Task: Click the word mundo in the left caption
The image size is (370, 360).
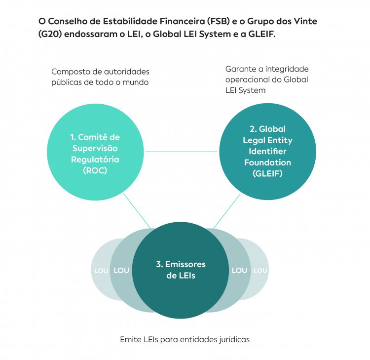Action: click(137, 82)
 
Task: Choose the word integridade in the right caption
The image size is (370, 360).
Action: click(288, 69)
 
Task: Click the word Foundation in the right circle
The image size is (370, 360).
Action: click(267, 162)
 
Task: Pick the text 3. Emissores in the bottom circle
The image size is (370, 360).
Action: click(181, 264)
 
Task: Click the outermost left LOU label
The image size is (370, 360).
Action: click(101, 271)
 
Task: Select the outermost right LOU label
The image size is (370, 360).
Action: click(260, 271)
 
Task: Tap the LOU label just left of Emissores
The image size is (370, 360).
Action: click(121, 270)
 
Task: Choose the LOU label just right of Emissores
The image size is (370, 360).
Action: click(239, 270)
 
